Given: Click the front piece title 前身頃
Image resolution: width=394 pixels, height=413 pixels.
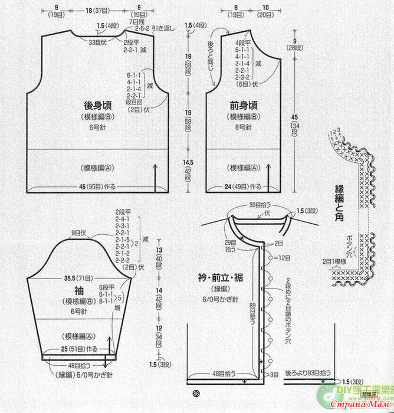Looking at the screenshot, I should point(243,106).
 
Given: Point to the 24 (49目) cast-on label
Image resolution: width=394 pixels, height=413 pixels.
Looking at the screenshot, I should point(243,187).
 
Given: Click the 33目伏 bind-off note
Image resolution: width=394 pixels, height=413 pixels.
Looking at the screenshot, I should point(97,42).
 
